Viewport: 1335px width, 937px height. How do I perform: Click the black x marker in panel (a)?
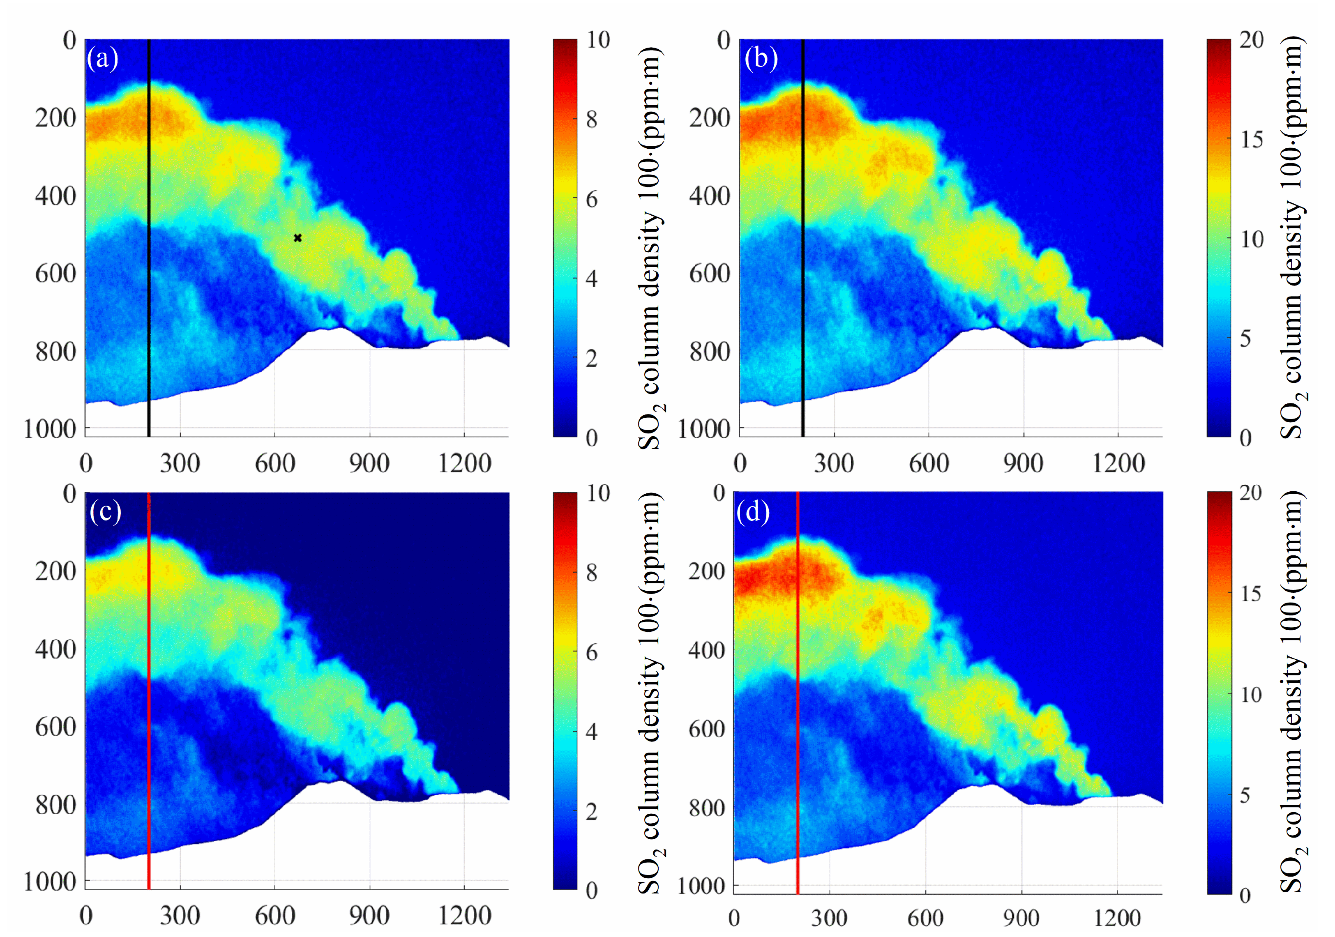[x=298, y=238]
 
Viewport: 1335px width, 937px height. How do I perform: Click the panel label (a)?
[x=102, y=58]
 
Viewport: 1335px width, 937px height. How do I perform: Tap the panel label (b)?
[x=761, y=58]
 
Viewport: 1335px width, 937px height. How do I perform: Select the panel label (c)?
[x=105, y=511]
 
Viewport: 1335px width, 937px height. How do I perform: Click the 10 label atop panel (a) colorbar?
[x=598, y=39]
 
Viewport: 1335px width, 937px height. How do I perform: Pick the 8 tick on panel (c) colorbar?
[x=591, y=573]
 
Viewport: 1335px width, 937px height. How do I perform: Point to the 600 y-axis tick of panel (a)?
[x=55, y=273]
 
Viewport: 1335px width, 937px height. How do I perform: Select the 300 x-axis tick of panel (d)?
[x=829, y=919]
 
